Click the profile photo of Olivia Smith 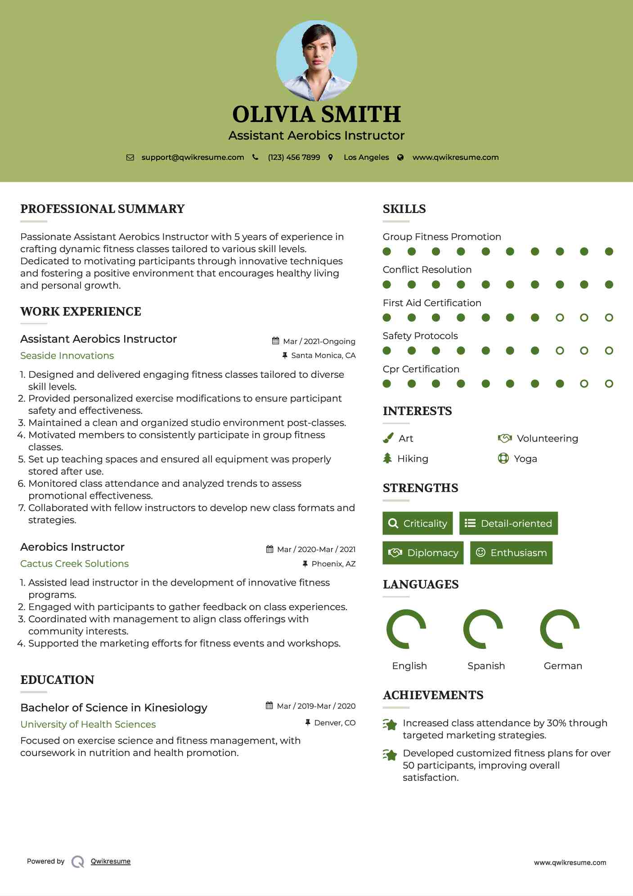(x=316, y=60)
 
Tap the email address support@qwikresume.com (x=193, y=157)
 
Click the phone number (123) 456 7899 (x=294, y=157)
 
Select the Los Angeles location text (x=366, y=157)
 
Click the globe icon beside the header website (x=400, y=157)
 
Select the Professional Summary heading (x=103, y=209)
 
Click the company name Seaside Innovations (x=67, y=356)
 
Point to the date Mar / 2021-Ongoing (x=319, y=341)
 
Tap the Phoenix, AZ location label (x=333, y=564)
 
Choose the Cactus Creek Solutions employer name (x=74, y=564)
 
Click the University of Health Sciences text (x=88, y=724)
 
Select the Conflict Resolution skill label (x=427, y=270)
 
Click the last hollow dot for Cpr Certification (x=609, y=384)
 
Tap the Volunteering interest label (x=547, y=439)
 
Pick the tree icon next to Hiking (x=387, y=458)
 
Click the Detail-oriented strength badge (x=508, y=523)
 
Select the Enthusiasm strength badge (x=511, y=552)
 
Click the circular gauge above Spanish (x=483, y=629)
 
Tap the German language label (x=563, y=666)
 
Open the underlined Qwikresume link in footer (x=111, y=861)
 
